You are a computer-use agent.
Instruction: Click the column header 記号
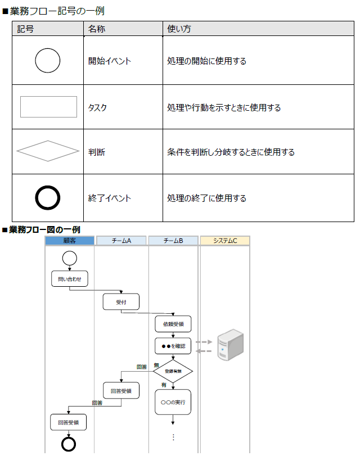[26, 29]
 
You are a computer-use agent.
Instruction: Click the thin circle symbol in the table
[48, 61]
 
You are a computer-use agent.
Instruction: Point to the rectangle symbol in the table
[48, 107]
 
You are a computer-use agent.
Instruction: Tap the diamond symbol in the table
[48, 151]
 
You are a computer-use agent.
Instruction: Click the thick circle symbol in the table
[48, 198]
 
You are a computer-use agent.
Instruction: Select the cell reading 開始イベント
[110, 61]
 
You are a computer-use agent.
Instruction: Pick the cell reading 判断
[97, 152]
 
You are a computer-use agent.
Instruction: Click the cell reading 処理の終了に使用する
[206, 198]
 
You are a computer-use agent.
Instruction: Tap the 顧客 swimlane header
[70, 241]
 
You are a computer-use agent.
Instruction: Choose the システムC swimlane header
[224, 241]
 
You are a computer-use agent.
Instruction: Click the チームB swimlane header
[173, 241]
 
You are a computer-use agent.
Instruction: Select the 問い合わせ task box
[69, 279]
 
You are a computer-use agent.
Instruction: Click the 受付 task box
[121, 302]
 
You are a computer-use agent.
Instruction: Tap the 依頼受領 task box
[173, 324]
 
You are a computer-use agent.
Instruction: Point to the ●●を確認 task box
[173, 346]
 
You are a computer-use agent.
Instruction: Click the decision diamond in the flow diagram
[173, 371]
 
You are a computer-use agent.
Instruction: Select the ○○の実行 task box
[173, 403]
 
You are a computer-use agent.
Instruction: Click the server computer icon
[230, 345]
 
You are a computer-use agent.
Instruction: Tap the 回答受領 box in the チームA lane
[121, 391]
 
